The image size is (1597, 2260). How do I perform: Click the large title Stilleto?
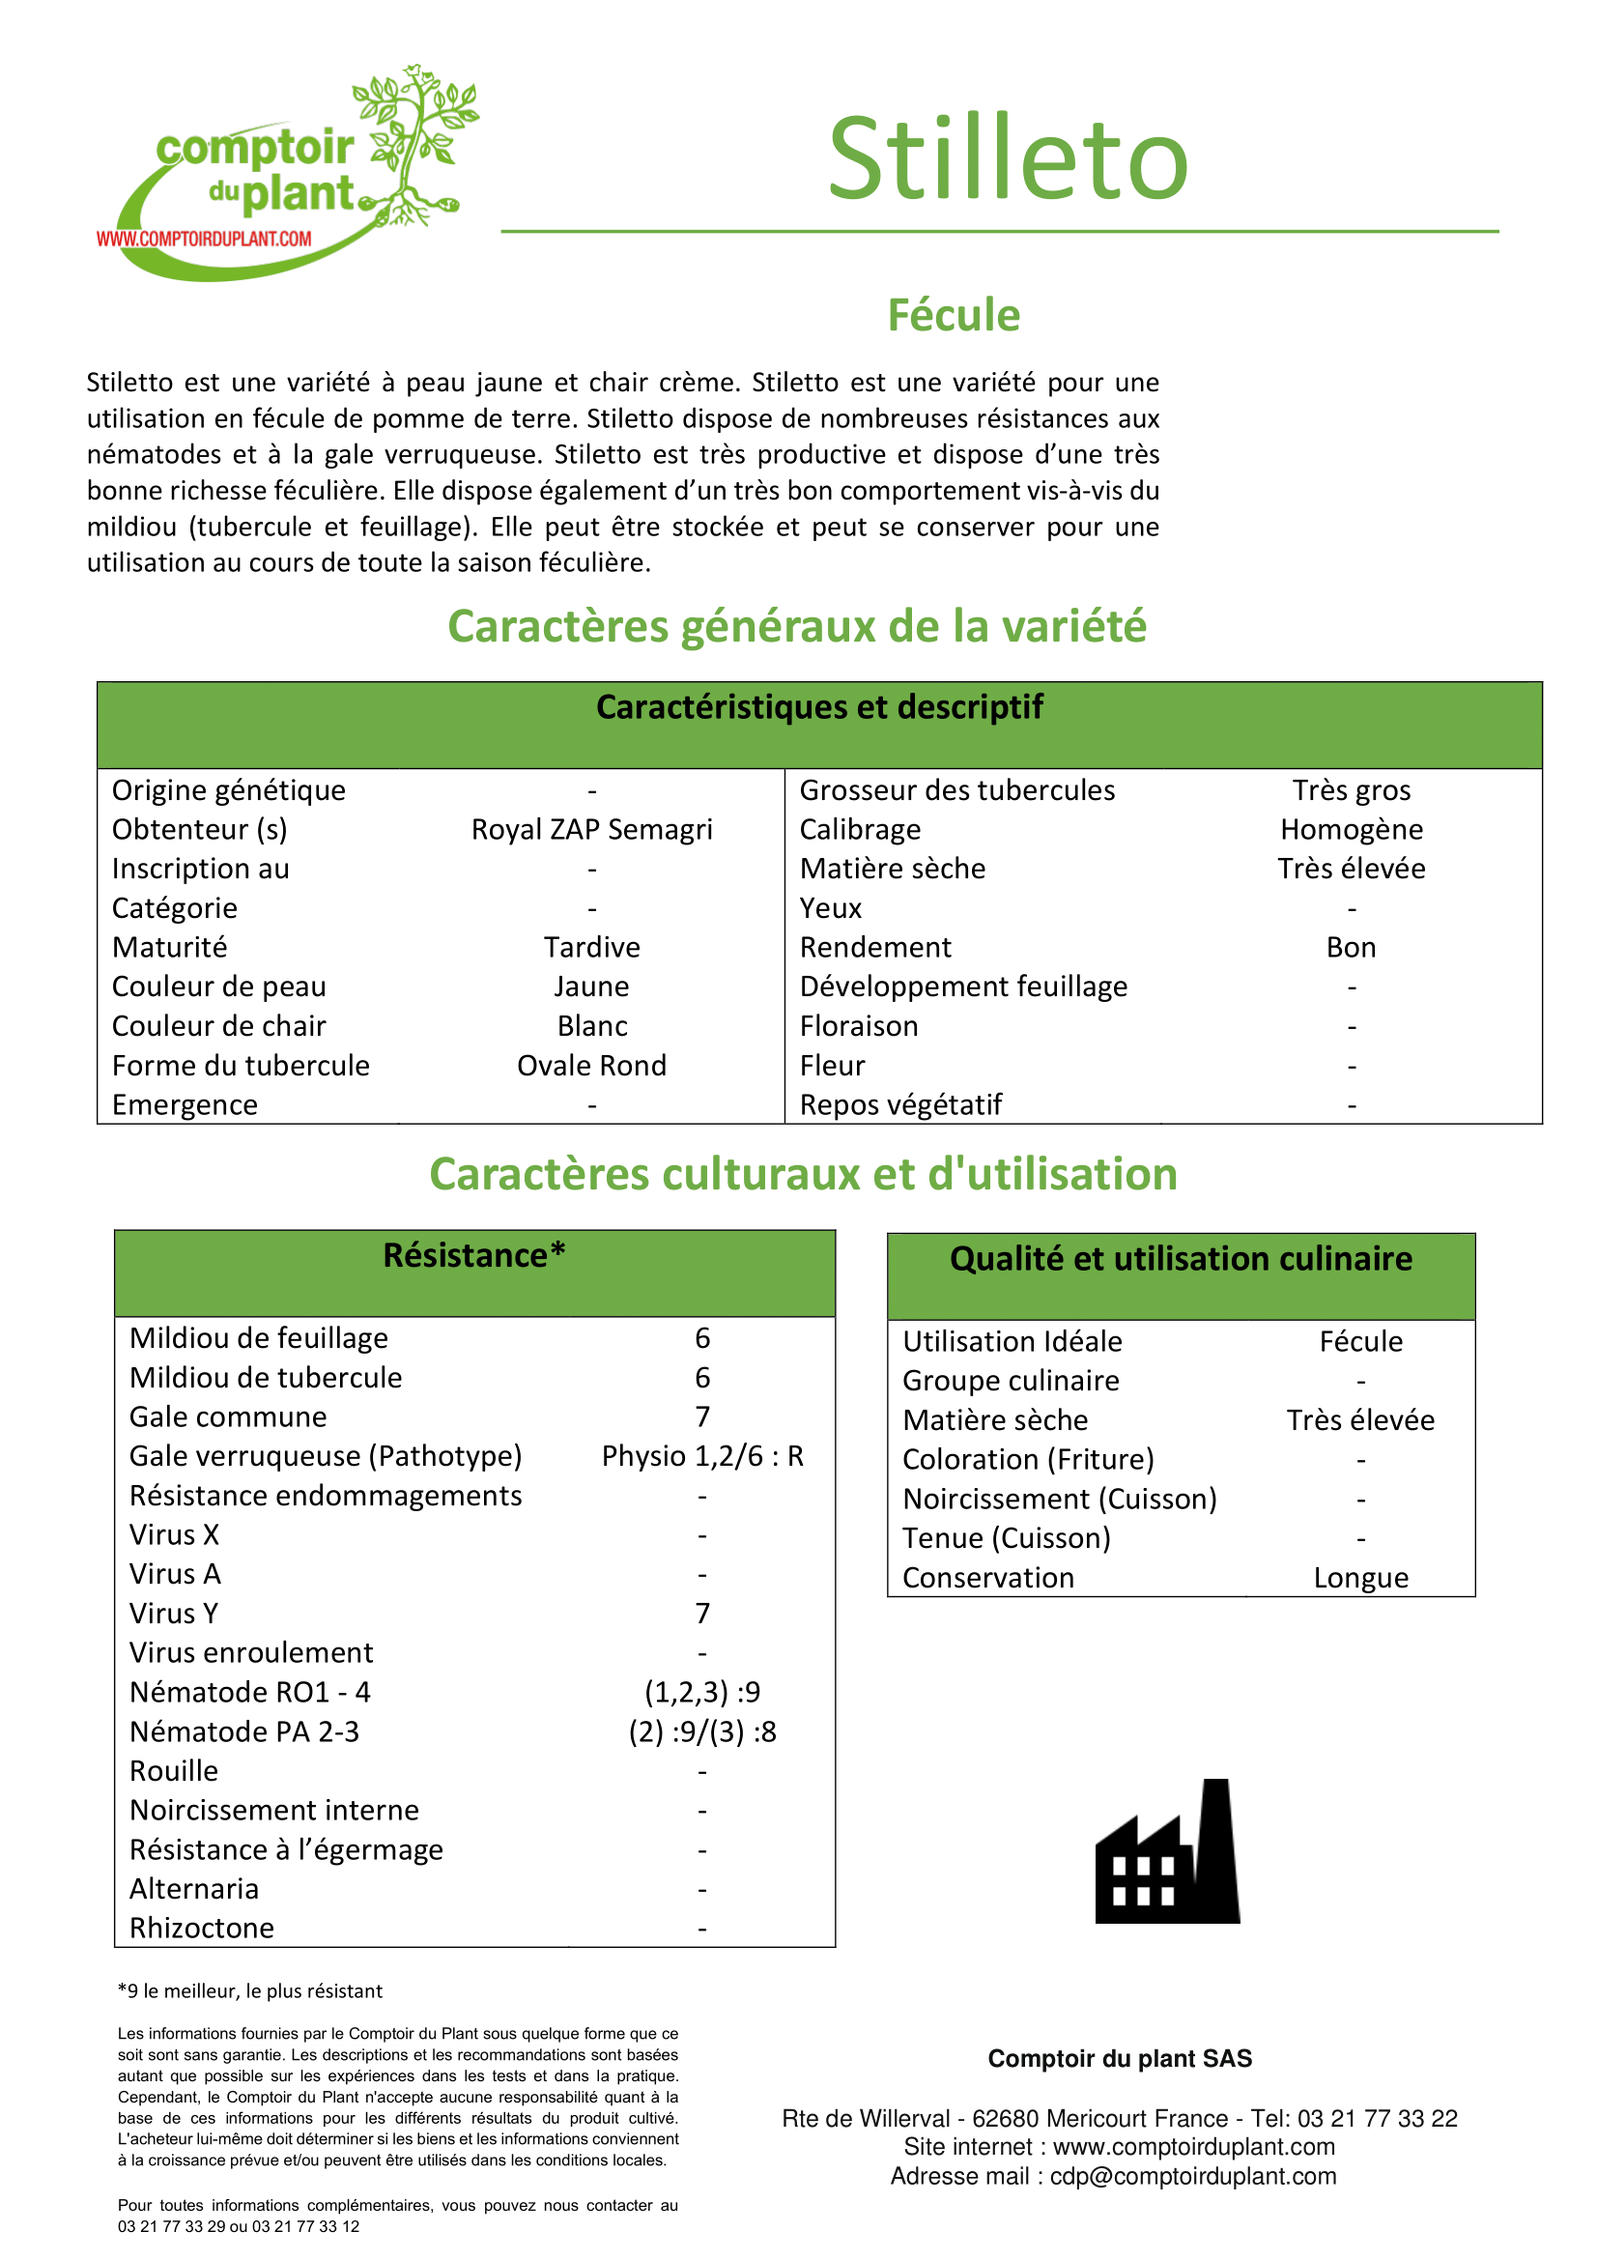[x=1008, y=159]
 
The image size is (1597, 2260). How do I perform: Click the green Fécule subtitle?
[x=953, y=316]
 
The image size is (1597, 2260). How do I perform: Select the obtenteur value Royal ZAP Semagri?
[x=591, y=830]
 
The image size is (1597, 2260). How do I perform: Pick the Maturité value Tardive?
[x=591, y=947]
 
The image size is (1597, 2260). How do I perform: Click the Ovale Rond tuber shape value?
[x=591, y=1065]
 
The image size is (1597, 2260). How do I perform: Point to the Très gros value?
[x=1351, y=790]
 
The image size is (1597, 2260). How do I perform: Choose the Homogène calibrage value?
[x=1351, y=830]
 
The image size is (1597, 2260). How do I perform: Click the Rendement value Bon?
[x=1351, y=947]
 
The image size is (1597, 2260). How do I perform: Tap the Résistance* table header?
[x=474, y=1256]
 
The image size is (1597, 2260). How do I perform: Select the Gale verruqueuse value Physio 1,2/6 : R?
[x=702, y=1456]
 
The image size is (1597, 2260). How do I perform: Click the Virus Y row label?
[x=174, y=1614]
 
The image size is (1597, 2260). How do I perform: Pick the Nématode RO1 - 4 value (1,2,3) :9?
[x=702, y=1692]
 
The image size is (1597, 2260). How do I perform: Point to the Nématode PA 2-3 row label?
[x=244, y=1731]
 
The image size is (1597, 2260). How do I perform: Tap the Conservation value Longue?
[x=1361, y=1578]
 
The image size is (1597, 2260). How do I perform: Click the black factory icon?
[x=1168, y=1852]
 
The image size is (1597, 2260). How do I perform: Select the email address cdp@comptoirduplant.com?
[x=1192, y=2175]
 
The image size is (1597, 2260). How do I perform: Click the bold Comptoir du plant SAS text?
[x=1120, y=2058]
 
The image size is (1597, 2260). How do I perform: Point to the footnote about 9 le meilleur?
[x=250, y=1990]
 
